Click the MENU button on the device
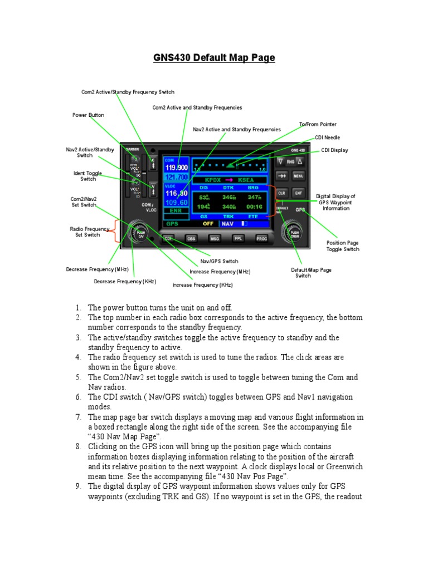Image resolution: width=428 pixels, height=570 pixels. [x=299, y=176]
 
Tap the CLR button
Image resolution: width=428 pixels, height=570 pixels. [x=281, y=193]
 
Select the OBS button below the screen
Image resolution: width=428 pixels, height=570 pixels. [x=191, y=238]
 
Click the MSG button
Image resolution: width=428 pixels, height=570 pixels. [x=214, y=238]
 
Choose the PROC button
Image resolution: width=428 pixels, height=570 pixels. [x=261, y=238]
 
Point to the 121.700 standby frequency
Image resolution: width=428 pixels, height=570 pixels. [x=176, y=176]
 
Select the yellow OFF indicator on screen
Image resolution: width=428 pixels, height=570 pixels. [x=208, y=224]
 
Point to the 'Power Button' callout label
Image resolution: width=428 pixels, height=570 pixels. [x=88, y=115]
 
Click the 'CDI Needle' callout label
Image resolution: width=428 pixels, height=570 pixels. [x=327, y=137]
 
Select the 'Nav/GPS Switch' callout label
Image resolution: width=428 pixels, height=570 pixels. [x=219, y=261]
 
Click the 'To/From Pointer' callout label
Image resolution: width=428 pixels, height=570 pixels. [x=318, y=124]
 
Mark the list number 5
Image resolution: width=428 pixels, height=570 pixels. [x=79, y=377]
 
